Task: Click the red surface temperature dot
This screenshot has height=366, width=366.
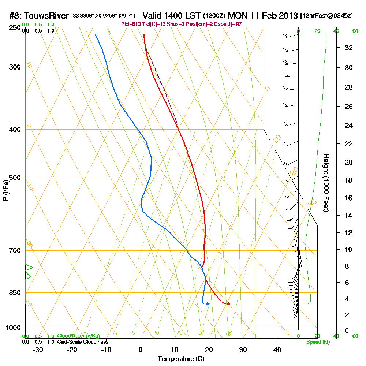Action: [x=228, y=304]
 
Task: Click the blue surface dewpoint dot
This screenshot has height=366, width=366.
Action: [x=208, y=304]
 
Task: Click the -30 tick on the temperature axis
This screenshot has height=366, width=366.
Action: [x=38, y=350]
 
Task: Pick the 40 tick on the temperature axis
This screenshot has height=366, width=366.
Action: [x=277, y=350]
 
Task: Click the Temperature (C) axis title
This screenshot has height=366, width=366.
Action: [x=181, y=359]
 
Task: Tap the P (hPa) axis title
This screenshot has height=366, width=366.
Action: [x=5, y=190]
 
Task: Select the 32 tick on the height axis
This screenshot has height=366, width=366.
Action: [x=349, y=48]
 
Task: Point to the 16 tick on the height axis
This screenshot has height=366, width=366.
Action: [x=349, y=198]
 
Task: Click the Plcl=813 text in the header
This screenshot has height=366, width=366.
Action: [x=131, y=24]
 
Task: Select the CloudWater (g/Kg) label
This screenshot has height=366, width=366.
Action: [x=78, y=336]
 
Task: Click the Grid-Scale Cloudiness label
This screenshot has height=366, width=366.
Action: [x=83, y=342]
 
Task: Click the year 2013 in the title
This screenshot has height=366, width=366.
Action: [x=287, y=16]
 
